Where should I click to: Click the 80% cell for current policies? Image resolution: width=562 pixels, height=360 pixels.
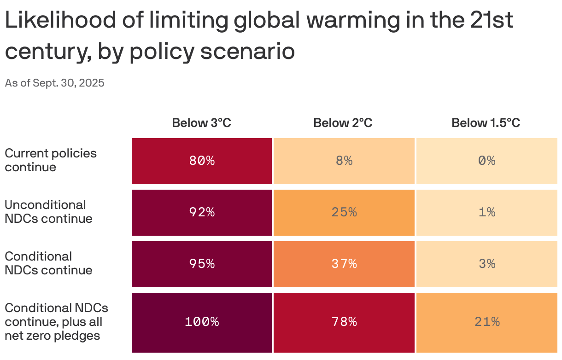[202, 161]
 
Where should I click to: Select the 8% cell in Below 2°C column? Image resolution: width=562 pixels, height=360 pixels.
[344, 161]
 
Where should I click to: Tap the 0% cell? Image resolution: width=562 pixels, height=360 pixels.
[486, 161]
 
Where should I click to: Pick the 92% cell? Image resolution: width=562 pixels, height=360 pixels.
[202, 212]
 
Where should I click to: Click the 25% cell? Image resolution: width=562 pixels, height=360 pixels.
[344, 212]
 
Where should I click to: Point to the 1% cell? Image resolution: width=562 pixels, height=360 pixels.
[486, 212]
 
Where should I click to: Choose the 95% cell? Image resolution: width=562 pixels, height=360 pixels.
[202, 264]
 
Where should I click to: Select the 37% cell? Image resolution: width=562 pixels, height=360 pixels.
[344, 264]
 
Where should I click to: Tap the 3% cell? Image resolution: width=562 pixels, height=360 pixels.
[486, 264]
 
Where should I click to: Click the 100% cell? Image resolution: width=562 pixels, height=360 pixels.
[202, 322]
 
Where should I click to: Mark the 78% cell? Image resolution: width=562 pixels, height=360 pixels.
[344, 322]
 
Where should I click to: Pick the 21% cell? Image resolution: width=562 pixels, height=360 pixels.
[486, 322]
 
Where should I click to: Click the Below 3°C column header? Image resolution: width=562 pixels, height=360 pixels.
[202, 123]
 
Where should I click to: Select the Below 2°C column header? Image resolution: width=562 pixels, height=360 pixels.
[343, 123]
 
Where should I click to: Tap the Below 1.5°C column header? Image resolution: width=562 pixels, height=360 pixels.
[486, 123]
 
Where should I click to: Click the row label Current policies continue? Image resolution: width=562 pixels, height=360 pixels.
[51, 160]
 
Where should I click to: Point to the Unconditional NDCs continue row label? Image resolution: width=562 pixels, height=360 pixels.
[48, 212]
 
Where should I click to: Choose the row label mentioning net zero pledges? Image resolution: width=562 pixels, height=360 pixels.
[56, 322]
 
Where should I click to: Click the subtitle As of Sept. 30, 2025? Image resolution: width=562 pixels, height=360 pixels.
[54, 83]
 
